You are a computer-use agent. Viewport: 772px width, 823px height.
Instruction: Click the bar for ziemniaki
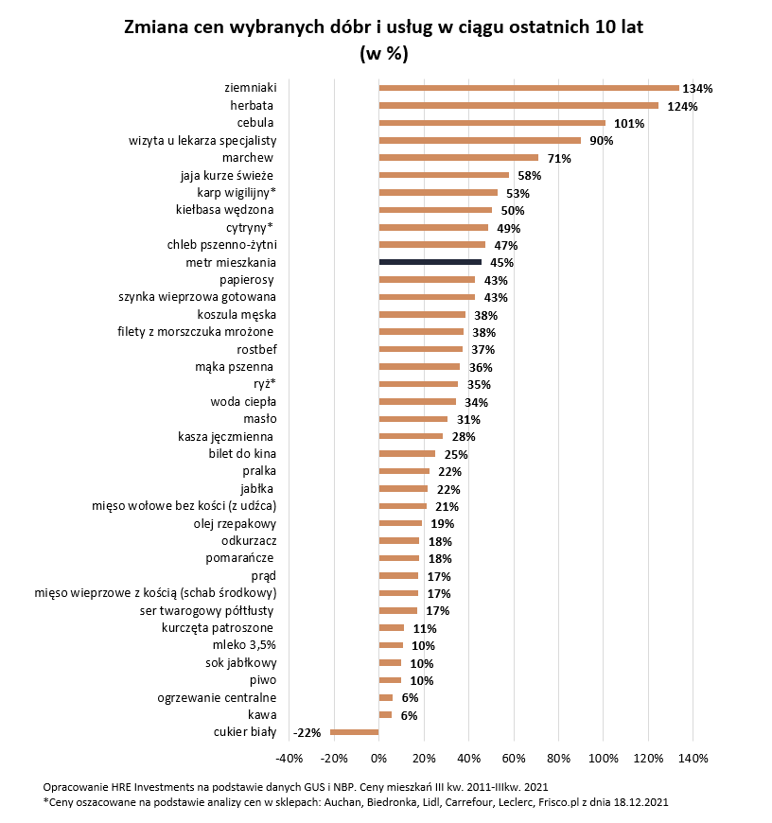coord(528,88)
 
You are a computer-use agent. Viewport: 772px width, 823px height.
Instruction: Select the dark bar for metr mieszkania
coord(430,262)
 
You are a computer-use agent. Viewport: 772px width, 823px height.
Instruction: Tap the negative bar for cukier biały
coord(354,731)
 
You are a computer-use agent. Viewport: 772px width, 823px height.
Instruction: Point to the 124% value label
coord(682,106)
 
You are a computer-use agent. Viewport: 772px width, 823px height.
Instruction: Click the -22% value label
coord(307,732)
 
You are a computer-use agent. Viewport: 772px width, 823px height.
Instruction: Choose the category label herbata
coord(253,105)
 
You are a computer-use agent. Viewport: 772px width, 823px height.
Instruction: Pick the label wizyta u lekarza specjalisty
coord(202,140)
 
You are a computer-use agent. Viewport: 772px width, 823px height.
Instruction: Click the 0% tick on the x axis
coord(378,758)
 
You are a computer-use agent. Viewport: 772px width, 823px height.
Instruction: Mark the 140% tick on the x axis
coord(693,758)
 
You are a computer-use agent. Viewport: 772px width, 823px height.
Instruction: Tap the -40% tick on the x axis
coord(288,758)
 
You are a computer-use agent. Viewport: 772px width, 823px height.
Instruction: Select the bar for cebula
coord(492,123)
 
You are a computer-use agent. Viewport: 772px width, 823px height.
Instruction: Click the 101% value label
coord(629,123)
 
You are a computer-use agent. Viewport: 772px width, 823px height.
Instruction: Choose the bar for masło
coord(412,418)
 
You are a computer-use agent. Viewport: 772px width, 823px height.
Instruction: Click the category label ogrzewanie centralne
coord(216,697)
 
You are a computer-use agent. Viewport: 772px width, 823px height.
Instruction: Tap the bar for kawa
coord(385,714)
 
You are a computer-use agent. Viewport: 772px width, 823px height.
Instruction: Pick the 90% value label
coord(602,141)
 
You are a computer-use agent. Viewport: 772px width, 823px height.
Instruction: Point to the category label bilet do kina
coord(241,453)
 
